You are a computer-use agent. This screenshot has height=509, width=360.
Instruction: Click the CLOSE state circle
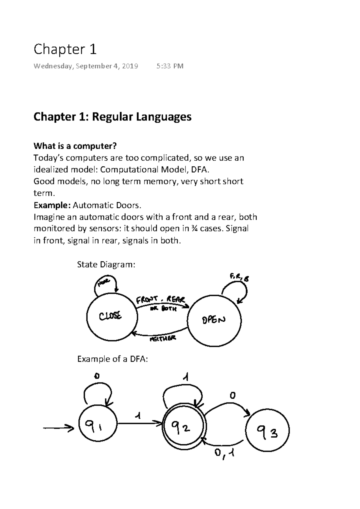112,316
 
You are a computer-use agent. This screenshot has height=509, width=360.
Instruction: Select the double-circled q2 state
184,427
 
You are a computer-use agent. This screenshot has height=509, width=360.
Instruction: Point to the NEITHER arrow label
163,339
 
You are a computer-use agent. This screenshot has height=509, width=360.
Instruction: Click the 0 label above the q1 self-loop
97,376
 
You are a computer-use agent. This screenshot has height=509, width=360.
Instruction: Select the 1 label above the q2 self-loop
186,378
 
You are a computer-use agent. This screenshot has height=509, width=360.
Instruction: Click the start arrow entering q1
58,428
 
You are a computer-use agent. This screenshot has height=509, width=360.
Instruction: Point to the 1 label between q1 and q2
138,416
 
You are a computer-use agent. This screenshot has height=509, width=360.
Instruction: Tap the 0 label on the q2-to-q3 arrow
232,396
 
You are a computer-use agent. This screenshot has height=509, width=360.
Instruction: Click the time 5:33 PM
170,66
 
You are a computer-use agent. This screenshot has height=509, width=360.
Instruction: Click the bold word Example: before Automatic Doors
52,205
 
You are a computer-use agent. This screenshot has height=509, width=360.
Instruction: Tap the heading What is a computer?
75,146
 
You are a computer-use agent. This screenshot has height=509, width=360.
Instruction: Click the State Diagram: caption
106,264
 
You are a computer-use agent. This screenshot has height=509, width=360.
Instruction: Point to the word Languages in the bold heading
164,117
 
